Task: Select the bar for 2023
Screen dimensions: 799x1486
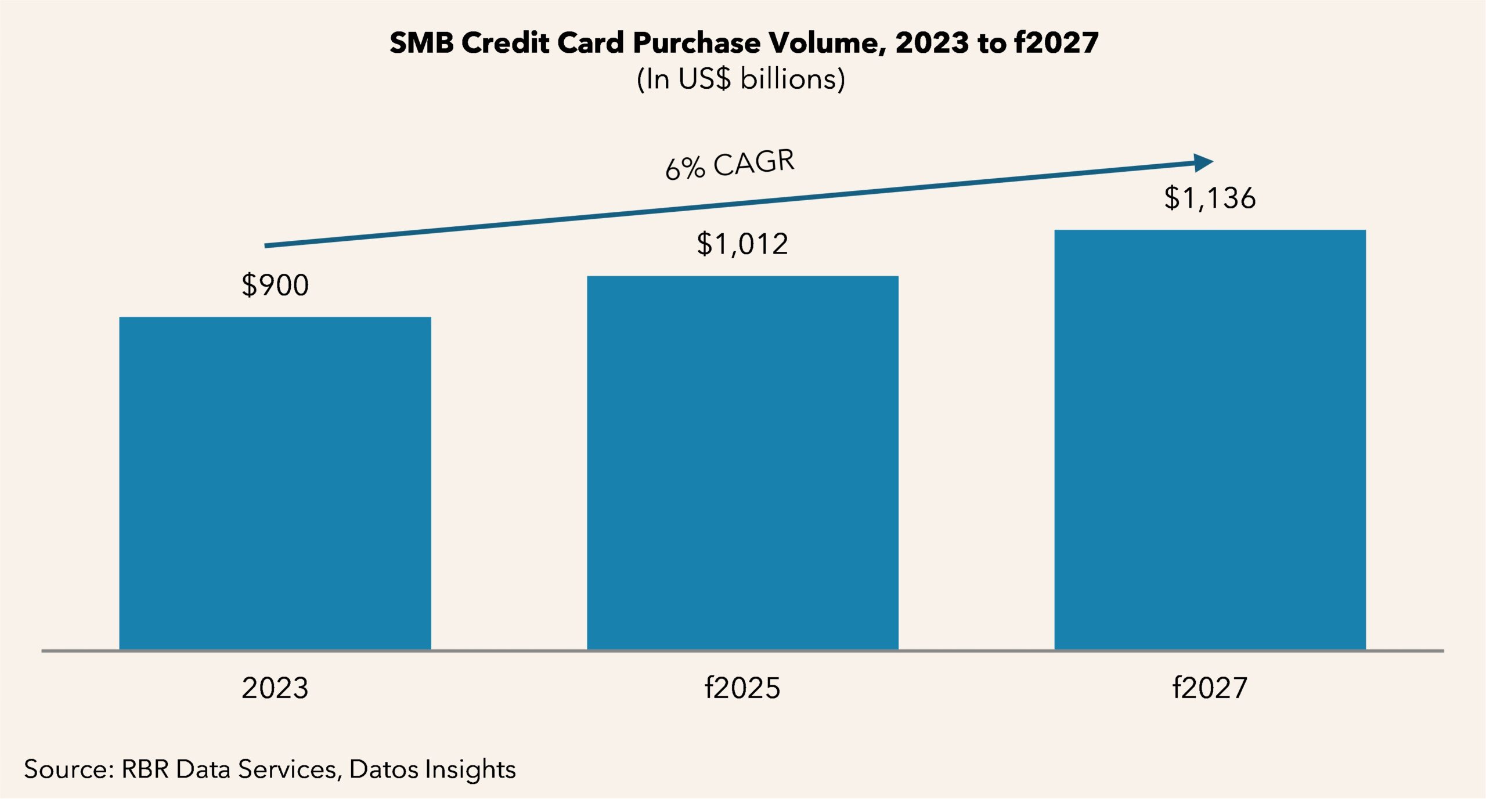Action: [275, 483]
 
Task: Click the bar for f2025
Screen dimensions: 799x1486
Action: [742, 462]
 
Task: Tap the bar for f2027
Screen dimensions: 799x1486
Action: [1210, 439]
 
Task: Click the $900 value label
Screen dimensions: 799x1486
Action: [275, 285]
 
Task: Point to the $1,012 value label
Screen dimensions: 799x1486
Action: [742, 244]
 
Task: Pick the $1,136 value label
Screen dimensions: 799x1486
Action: [1210, 198]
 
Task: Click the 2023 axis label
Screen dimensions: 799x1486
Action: [275, 688]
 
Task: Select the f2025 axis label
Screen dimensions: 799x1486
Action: [742, 688]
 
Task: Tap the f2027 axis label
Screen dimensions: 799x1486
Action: [1210, 688]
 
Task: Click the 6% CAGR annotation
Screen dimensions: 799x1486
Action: [730, 165]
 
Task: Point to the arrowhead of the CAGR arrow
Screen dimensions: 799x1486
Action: [1204, 162]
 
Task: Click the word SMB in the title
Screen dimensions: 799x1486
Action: [421, 43]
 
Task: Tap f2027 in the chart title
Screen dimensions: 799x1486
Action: [1056, 43]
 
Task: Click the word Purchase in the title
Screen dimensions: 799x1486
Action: [697, 43]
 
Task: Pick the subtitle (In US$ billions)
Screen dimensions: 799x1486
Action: [741, 79]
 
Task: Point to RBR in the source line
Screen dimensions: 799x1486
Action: [145, 769]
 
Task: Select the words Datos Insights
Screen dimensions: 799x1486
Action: [432, 769]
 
